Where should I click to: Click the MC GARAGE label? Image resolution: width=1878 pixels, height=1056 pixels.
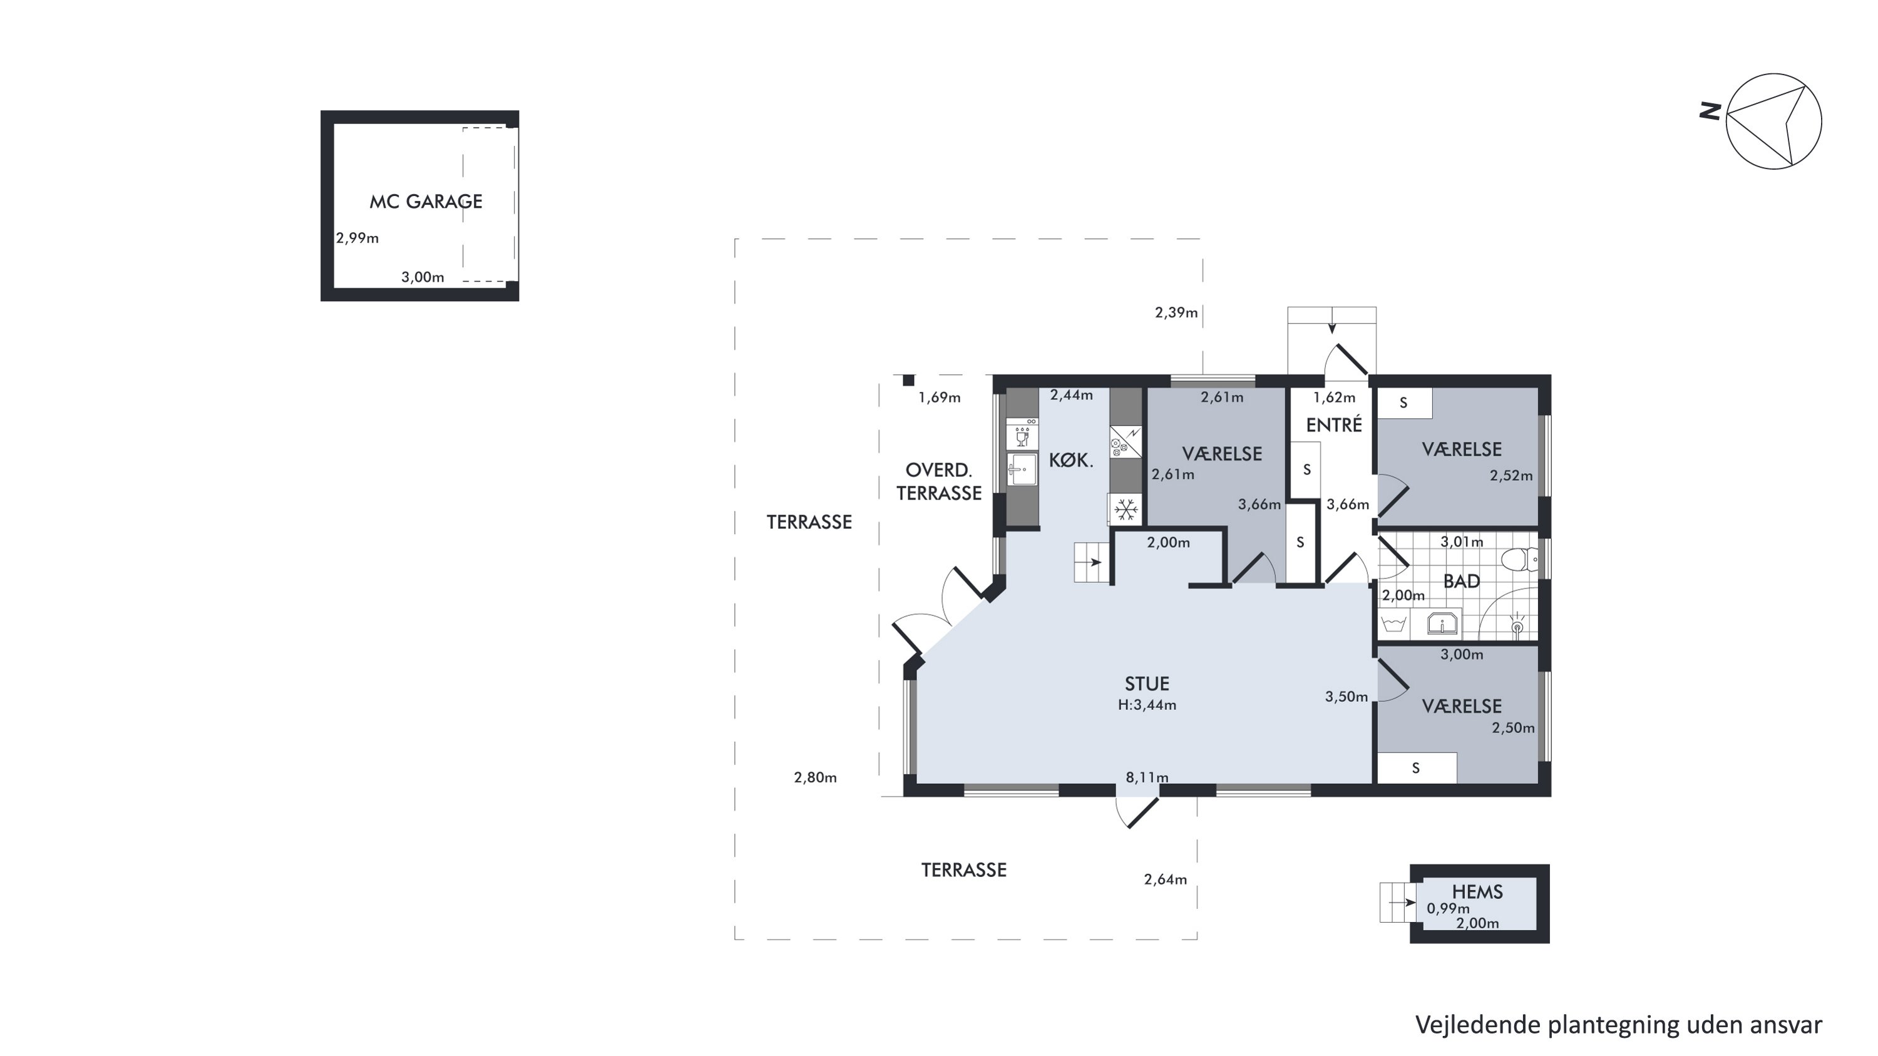[426, 201]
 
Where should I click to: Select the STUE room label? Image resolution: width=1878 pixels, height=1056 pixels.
[1147, 684]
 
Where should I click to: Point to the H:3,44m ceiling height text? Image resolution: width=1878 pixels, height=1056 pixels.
[1147, 705]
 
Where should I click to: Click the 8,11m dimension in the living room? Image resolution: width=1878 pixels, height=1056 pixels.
[1147, 777]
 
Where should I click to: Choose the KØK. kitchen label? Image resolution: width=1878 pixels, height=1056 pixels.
[1071, 461]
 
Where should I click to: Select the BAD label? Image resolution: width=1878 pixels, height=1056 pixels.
[1461, 582]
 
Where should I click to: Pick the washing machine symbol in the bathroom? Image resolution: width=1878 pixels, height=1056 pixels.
[1394, 625]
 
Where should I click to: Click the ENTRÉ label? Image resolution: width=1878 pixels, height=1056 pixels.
[1333, 425]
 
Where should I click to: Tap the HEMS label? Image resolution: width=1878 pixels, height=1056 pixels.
[1477, 892]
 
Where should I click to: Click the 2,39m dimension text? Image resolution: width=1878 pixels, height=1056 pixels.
[1176, 312]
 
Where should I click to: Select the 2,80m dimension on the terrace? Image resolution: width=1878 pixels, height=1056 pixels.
[815, 777]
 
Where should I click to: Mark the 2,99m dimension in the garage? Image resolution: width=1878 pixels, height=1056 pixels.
[357, 238]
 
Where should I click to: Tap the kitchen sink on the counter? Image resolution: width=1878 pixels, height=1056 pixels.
[1022, 469]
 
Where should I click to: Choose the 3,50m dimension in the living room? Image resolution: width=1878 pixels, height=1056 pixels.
[1346, 697]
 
